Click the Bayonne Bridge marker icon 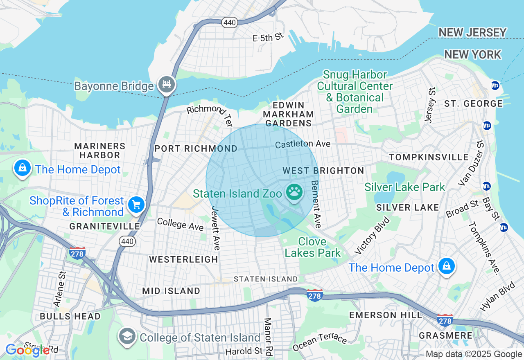[x=166, y=85]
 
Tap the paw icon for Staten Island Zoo [x=294, y=191]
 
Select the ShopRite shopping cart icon [x=136, y=204]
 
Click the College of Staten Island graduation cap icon [x=127, y=336]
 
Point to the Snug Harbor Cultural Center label [x=355, y=92]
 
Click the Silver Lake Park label [x=404, y=187]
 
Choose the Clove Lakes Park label [x=313, y=247]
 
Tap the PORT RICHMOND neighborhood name [x=196, y=148]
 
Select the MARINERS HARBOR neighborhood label [x=99, y=151]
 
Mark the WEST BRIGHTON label [x=323, y=171]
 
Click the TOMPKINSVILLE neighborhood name [x=429, y=157]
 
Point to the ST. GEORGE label [x=473, y=103]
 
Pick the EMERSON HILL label [x=385, y=315]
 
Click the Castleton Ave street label [x=303, y=144]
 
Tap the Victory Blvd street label [x=373, y=235]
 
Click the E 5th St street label [x=268, y=38]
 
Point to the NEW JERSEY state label [x=472, y=32]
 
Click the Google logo [x=27, y=350]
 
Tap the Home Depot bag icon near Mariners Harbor [x=22, y=168]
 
